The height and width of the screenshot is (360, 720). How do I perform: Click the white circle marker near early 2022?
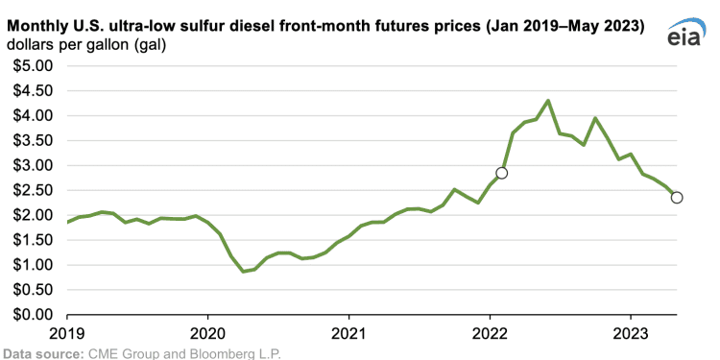(501, 173)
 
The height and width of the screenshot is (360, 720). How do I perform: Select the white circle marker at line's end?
(677, 198)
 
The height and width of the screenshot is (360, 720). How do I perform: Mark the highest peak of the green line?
(547, 101)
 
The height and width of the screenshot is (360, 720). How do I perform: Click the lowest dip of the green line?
(243, 272)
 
